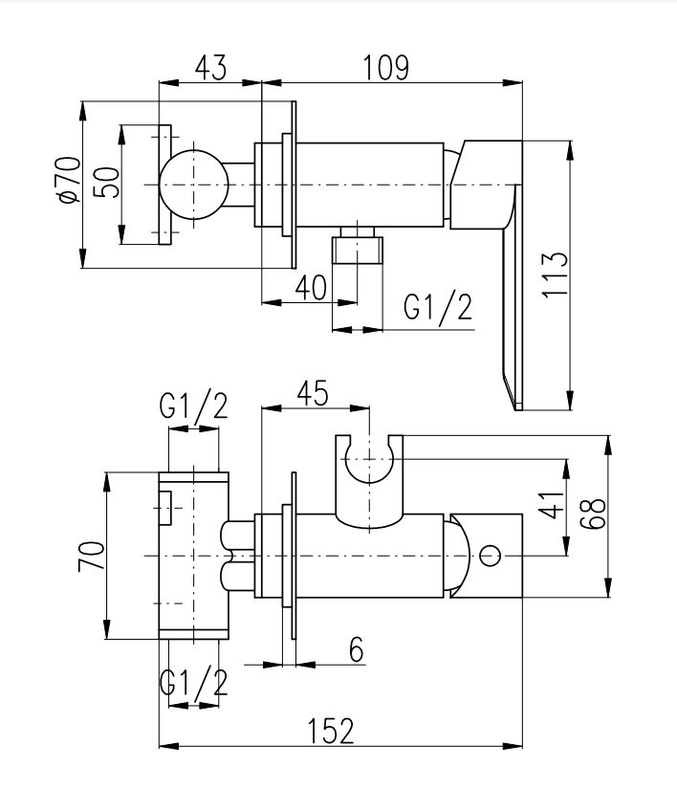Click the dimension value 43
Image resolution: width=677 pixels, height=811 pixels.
[211, 68]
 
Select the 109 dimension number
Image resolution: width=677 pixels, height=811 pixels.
[386, 68]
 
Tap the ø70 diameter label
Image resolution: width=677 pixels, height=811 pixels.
[71, 180]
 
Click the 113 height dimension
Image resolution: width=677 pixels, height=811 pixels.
[555, 274]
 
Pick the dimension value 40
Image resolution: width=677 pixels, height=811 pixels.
[311, 288]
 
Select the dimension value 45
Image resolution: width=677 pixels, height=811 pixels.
[313, 393]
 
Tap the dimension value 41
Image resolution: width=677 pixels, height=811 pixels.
[552, 504]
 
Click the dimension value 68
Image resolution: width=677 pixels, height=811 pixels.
[593, 514]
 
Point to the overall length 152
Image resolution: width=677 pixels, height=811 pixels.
[331, 731]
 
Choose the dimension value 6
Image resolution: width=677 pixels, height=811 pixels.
[357, 649]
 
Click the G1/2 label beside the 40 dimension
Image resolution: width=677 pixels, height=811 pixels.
[438, 308]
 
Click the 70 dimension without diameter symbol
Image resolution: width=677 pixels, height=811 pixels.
[92, 556]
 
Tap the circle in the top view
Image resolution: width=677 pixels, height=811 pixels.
[194, 185]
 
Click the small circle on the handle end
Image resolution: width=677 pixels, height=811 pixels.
[490, 556]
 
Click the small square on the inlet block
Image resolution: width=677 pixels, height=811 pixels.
[165, 508]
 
